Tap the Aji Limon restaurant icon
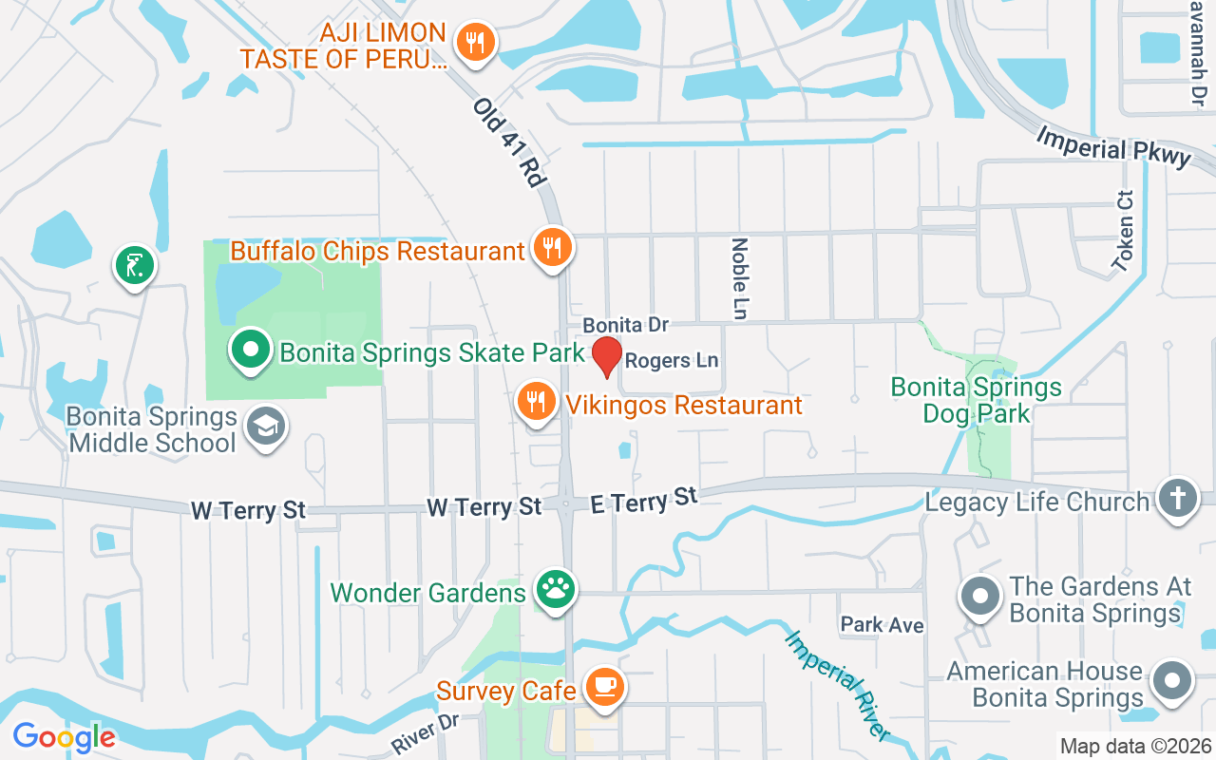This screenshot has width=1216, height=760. (x=474, y=43)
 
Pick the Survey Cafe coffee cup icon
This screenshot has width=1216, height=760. (x=603, y=687)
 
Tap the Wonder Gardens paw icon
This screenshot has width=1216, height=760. (x=555, y=590)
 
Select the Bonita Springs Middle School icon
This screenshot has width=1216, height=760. (x=265, y=427)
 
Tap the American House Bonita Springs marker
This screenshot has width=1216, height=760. (x=1172, y=682)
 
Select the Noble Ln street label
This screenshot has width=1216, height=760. (x=740, y=277)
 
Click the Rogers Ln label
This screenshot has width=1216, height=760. (x=671, y=361)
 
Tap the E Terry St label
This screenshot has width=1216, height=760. (x=644, y=500)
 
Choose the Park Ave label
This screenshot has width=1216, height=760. (x=882, y=625)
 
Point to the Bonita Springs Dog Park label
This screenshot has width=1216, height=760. (x=976, y=400)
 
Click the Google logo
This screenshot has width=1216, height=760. (x=64, y=737)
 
